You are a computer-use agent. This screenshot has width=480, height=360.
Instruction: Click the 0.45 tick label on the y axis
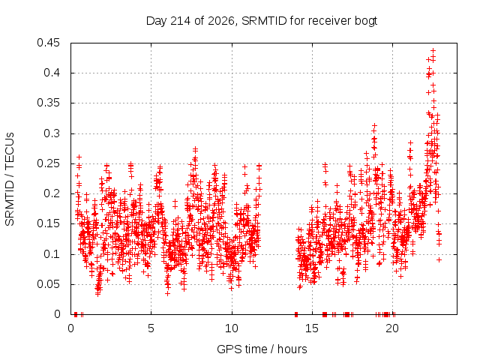pyautogui.click(x=48, y=43)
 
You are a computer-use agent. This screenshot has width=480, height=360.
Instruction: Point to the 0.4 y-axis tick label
pyautogui.click(x=52, y=73)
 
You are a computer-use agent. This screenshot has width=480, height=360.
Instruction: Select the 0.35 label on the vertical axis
pyautogui.click(x=48, y=103)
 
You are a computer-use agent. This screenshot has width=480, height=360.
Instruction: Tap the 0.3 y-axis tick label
pyautogui.click(x=52, y=133)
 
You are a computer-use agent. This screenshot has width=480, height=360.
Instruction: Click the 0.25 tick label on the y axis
pyautogui.click(x=48, y=163)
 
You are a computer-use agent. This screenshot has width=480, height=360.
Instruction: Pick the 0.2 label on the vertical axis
pyautogui.click(x=52, y=193)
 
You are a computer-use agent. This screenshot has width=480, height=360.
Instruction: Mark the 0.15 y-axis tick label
pyautogui.click(x=48, y=223)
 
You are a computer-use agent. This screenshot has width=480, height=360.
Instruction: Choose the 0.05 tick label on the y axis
pyautogui.click(x=48, y=284)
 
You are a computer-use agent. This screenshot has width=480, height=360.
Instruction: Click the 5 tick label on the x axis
pyautogui.click(x=151, y=328)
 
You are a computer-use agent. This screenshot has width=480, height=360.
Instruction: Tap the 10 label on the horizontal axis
pyautogui.click(x=232, y=328)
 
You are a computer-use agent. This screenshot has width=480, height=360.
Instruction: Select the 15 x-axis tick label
pyautogui.click(x=312, y=328)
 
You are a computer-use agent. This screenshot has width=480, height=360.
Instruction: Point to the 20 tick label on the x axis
pyautogui.click(x=392, y=328)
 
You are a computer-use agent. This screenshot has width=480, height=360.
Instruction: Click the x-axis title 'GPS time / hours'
pyautogui.click(x=262, y=349)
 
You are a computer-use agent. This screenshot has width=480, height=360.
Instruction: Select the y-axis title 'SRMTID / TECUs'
pyautogui.click(x=10, y=179)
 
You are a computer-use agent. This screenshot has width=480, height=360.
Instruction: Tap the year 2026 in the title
pyautogui.click(x=221, y=21)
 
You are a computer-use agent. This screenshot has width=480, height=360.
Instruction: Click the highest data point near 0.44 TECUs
pyautogui.click(x=433, y=51)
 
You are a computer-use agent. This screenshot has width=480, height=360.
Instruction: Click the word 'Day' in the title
pyautogui.click(x=157, y=21)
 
